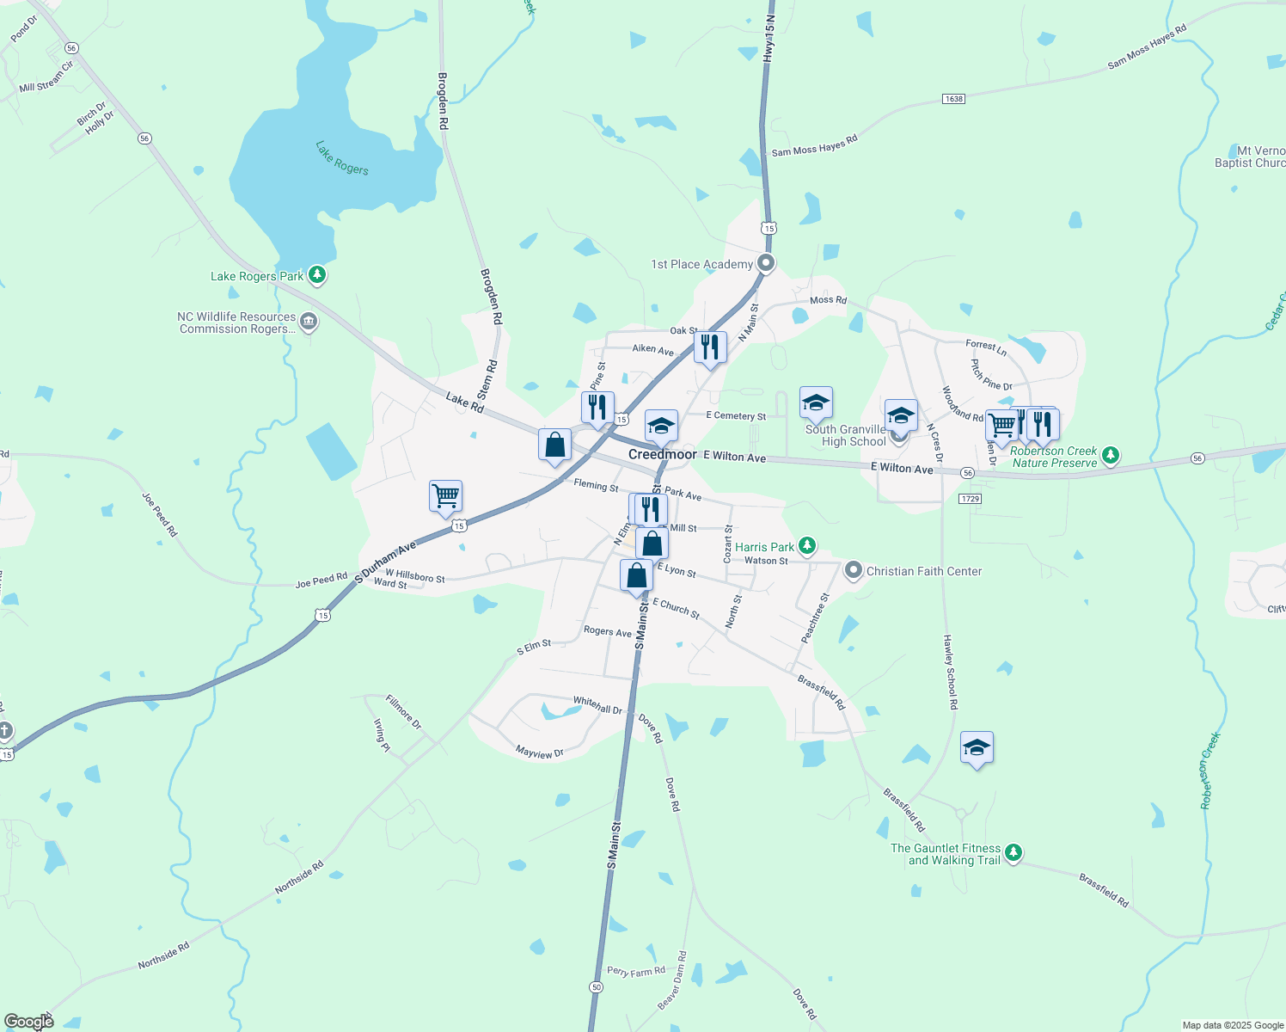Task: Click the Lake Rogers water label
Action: (x=342, y=158)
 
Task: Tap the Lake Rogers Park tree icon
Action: (x=317, y=275)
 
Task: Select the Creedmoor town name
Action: (x=662, y=454)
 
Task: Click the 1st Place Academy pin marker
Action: (x=766, y=263)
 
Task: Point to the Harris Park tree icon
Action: (x=806, y=545)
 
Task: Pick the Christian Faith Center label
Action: (x=923, y=571)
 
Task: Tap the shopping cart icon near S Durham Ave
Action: (x=446, y=495)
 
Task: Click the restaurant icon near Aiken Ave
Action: (x=710, y=347)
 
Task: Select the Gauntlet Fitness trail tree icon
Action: (x=1013, y=852)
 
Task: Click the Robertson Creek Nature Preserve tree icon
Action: (x=1111, y=455)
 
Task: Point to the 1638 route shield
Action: (x=953, y=99)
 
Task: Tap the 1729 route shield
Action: (x=971, y=499)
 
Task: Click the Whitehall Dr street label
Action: (x=597, y=705)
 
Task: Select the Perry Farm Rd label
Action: (x=636, y=971)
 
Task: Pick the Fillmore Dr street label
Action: (x=403, y=712)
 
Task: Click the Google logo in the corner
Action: (x=28, y=1021)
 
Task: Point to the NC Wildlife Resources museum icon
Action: (x=309, y=322)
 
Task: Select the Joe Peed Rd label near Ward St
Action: (x=321, y=581)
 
